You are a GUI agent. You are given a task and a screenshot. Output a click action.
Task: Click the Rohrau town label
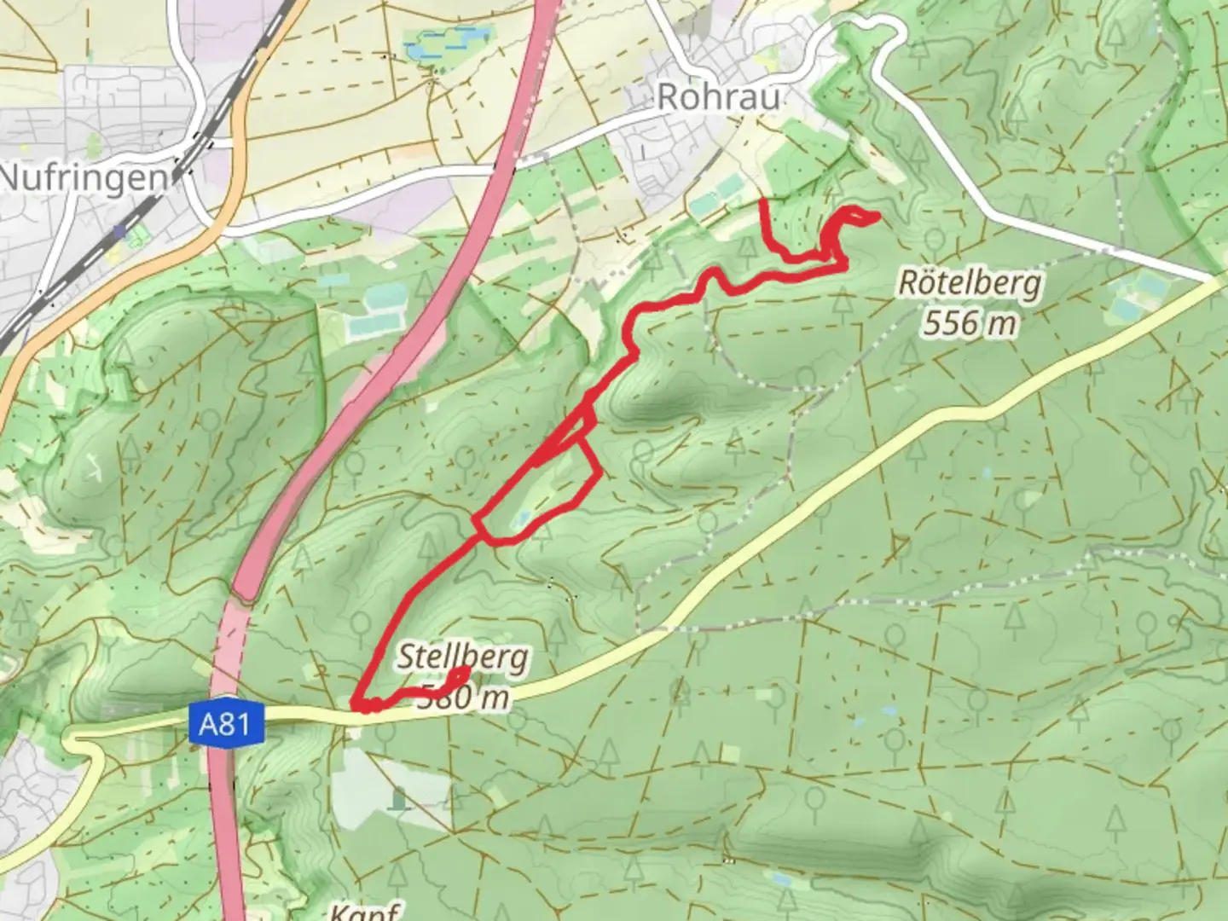tap(719, 97)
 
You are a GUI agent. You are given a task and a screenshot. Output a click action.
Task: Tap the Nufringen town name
tap(84, 178)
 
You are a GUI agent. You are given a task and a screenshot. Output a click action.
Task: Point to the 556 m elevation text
tap(970, 322)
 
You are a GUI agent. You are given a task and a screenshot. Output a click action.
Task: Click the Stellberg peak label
tap(463, 657)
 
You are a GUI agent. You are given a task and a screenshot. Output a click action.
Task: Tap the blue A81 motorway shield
tap(224, 726)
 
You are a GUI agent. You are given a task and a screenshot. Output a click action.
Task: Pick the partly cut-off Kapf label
tap(366, 911)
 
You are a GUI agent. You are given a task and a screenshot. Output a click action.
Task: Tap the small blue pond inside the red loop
tap(523, 518)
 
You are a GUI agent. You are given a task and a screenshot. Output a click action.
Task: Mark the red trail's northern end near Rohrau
tap(761, 202)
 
